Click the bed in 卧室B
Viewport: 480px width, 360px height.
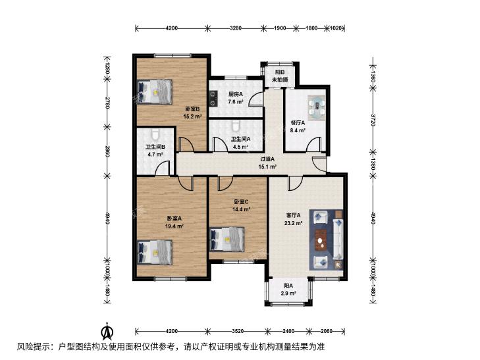click(155, 91)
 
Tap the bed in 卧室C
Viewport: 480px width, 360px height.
click(227, 239)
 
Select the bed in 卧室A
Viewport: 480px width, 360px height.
click(155, 252)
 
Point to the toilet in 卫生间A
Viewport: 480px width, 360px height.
click(235, 126)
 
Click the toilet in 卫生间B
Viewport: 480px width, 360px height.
click(155, 134)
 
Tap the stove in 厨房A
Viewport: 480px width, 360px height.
click(213, 99)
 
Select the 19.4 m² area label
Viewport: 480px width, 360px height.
click(174, 226)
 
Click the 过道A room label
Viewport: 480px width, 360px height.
click(267, 159)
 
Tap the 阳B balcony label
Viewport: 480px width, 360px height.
click(280, 72)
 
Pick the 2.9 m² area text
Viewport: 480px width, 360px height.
click(288, 294)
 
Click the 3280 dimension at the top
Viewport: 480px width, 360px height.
click(236, 28)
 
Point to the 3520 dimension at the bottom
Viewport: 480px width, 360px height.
click(238, 331)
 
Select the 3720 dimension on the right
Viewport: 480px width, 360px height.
click(373, 120)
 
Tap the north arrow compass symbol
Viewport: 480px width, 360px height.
click(107, 331)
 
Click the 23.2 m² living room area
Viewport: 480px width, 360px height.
click(293, 223)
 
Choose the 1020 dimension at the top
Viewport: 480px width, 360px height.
click(336, 28)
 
